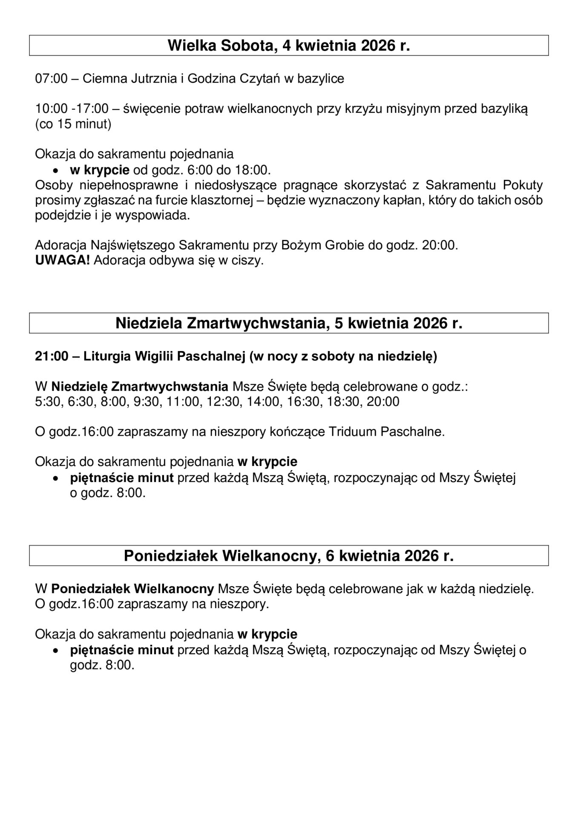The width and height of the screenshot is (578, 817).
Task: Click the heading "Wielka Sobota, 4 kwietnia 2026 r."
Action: [x=289, y=46]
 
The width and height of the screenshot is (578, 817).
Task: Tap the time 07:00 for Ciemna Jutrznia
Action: [x=51, y=79]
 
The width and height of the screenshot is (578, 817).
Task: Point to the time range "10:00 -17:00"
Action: [x=72, y=109]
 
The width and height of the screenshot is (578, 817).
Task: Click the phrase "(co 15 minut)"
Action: [x=73, y=124]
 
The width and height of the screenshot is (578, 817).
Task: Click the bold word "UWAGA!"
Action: [x=62, y=260]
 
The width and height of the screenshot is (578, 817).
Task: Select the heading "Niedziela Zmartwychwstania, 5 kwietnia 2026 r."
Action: [x=289, y=323]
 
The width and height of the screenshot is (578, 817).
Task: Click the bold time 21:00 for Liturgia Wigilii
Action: [x=52, y=356]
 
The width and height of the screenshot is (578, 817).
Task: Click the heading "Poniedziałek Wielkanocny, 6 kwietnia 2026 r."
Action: [x=289, y=556]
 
